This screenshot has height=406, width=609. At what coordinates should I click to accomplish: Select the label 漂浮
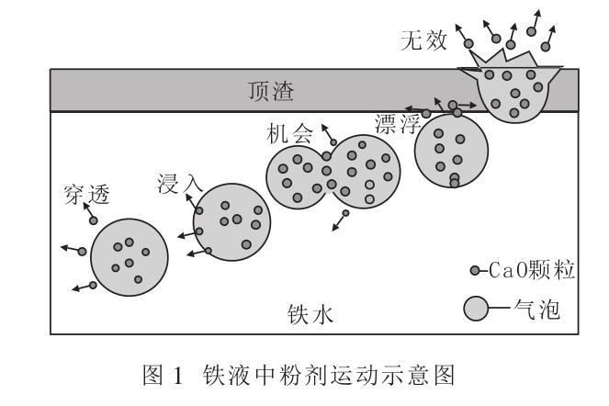(398, 122)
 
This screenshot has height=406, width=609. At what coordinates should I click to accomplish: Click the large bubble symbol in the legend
(477, 310)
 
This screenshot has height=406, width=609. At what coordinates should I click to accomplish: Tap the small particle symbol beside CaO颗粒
(474, 270)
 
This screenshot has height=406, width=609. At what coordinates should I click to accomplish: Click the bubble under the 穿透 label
(129, 256)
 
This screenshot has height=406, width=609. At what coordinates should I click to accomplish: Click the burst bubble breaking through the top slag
(515, 95)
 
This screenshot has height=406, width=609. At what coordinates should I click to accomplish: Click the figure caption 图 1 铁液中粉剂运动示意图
(304, 378)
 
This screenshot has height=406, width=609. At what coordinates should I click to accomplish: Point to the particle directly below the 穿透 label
(93, 220)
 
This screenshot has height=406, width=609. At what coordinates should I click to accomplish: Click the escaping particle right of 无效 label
(468, 43)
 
